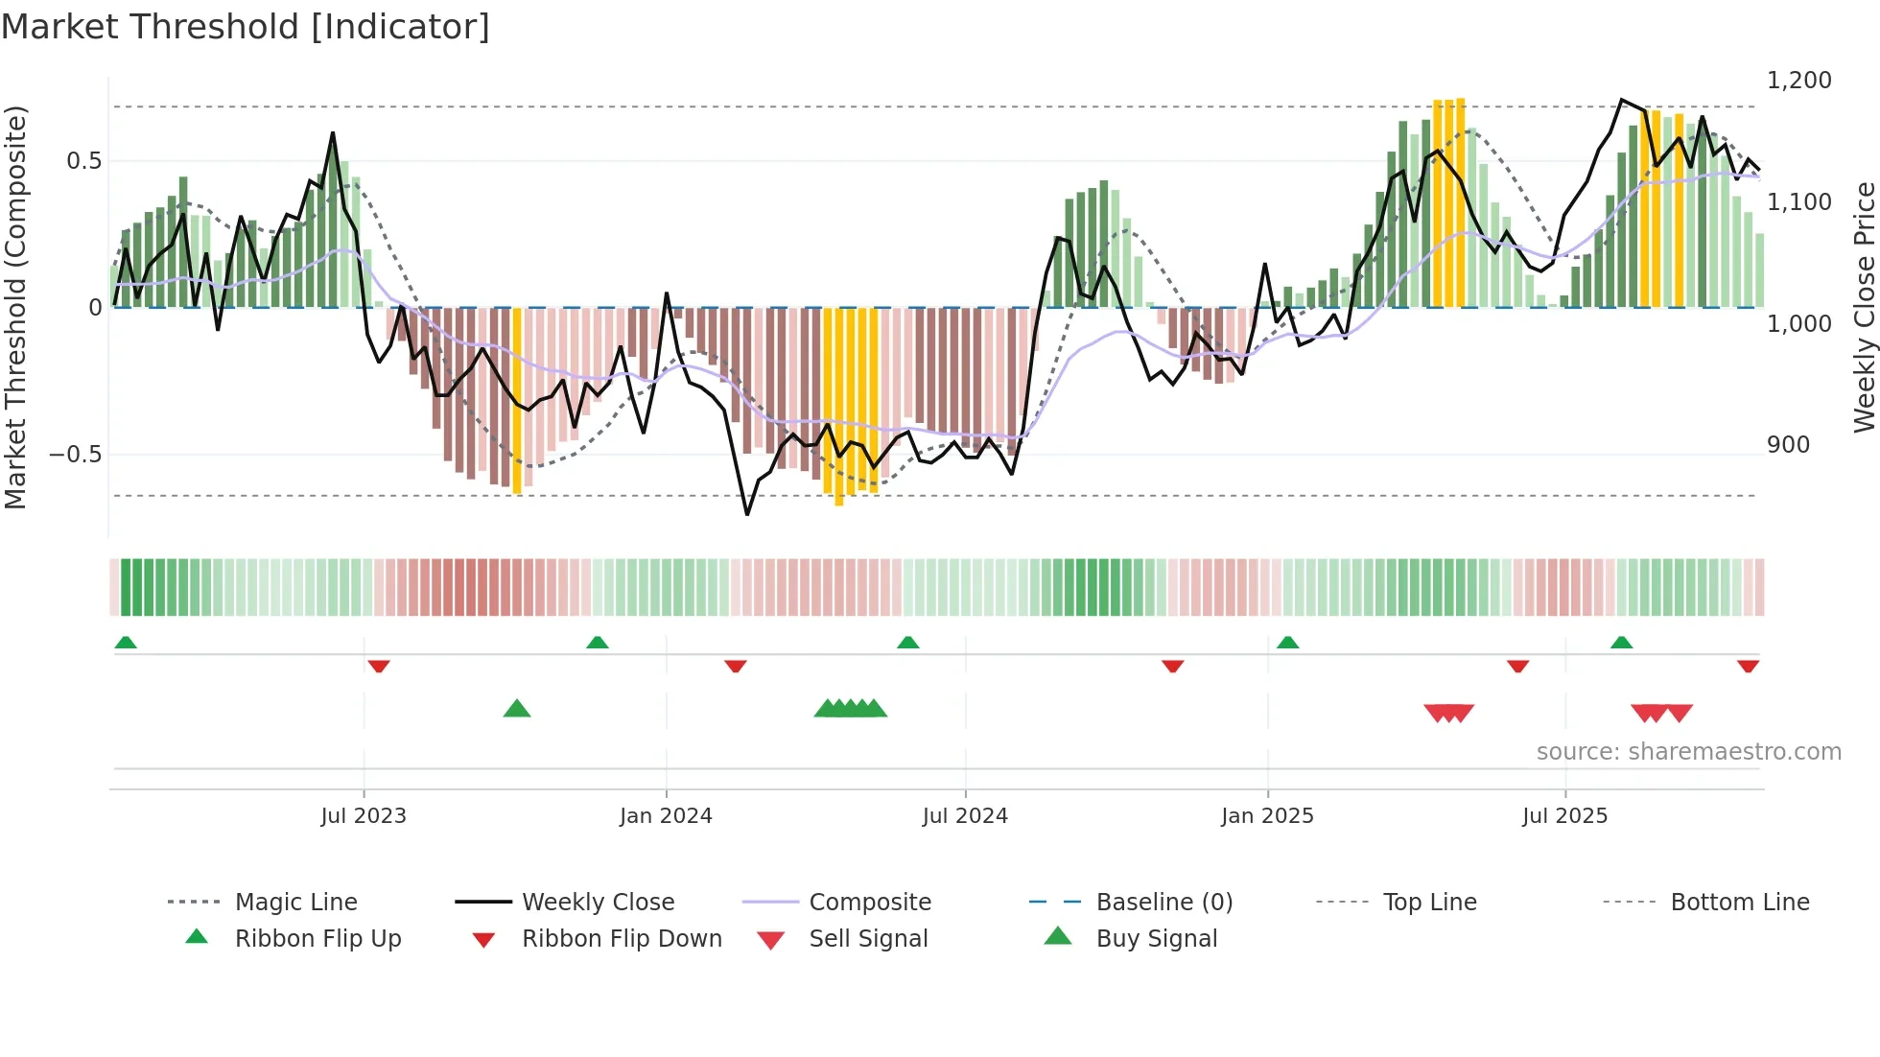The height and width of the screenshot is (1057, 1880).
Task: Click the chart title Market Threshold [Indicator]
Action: (246, 27)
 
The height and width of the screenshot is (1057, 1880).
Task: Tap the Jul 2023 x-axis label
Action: (364, 816)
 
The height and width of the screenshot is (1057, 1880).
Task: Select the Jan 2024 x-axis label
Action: (666, 816)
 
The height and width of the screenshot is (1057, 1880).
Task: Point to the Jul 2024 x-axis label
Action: (965, 816)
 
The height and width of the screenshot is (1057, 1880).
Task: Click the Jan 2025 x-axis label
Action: (1267, 816)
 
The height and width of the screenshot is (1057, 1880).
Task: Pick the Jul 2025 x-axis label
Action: (1564, 816)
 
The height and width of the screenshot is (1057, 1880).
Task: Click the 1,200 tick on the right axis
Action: (1799, 81)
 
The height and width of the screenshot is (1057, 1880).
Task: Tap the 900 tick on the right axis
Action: (1788, 445)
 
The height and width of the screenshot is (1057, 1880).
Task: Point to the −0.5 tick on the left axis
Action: (76, 455)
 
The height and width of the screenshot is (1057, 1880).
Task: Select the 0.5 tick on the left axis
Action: (83, 161)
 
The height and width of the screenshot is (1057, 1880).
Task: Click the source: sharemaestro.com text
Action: (1688, 752)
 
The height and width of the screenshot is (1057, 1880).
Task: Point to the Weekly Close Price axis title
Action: (1864, 307)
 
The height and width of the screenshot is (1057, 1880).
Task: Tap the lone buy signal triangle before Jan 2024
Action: (517, 709)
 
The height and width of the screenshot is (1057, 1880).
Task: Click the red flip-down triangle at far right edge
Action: (1748, 666)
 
